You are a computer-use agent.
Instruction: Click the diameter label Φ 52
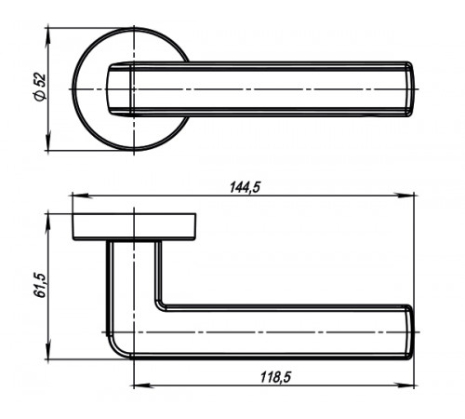coord(40,88)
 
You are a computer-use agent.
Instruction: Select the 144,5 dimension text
coord(245,188)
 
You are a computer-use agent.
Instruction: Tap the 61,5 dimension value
coord(40,286)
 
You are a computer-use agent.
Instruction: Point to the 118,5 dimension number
coord(275,377)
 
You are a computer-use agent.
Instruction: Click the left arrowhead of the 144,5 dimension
coord(81,196)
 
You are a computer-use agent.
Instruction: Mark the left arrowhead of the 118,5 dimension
coord(143,385)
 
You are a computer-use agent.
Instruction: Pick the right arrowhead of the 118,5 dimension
coord(405,385)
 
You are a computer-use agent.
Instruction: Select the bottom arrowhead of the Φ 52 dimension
coord(47,142)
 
